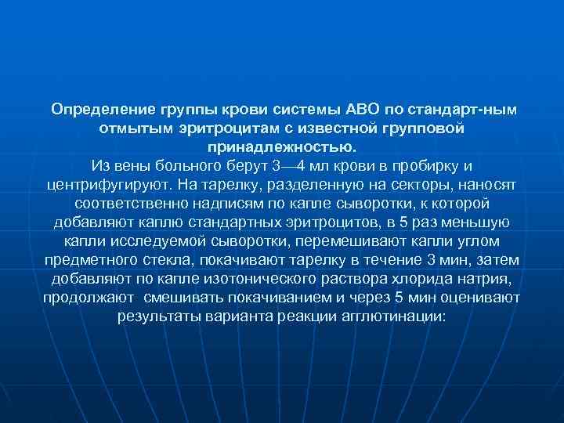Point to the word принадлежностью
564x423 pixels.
pos(281,146)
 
